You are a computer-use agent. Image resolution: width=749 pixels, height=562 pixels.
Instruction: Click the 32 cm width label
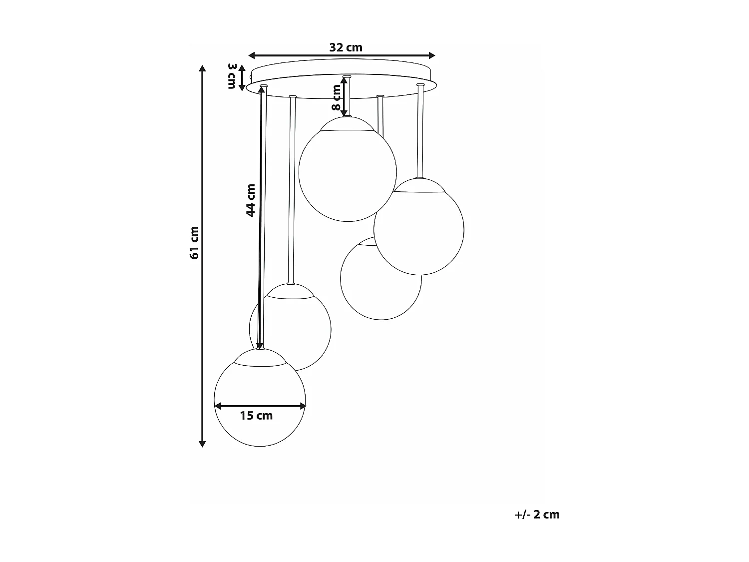coord(346,47)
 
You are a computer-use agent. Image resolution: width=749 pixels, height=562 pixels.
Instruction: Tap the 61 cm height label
coord(194,243)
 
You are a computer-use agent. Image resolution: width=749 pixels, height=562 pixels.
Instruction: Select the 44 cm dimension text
coord(251,200)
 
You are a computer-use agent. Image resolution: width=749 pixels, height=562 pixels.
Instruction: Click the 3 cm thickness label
coord(231,76)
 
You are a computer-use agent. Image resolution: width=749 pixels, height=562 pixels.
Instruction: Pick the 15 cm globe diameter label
coord(256,416)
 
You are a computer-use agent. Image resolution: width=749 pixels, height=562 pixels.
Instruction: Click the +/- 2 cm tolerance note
coord(537,515)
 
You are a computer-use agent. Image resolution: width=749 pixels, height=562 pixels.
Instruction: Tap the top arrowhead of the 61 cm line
coord(202,69)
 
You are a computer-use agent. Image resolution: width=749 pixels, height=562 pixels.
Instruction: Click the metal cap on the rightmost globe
coord(419,186)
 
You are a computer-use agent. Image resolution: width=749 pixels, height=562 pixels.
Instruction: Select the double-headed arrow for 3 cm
coord(242,77)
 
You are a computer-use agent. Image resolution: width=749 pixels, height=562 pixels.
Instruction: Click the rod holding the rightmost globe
coord(420,132)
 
